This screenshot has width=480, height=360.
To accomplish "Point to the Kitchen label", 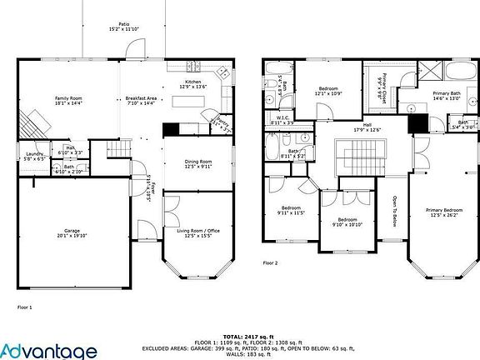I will [x=192, y=83].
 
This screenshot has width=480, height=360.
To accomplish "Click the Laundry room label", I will [x=34, y=155].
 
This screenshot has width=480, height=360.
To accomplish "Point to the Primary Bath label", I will [x=444, y=97].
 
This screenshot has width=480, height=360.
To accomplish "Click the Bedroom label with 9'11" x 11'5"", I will [x=291, y=210].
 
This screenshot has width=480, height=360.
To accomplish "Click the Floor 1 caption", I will [x=25, y=307].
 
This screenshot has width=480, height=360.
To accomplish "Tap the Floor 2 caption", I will [x=270, y=262].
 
